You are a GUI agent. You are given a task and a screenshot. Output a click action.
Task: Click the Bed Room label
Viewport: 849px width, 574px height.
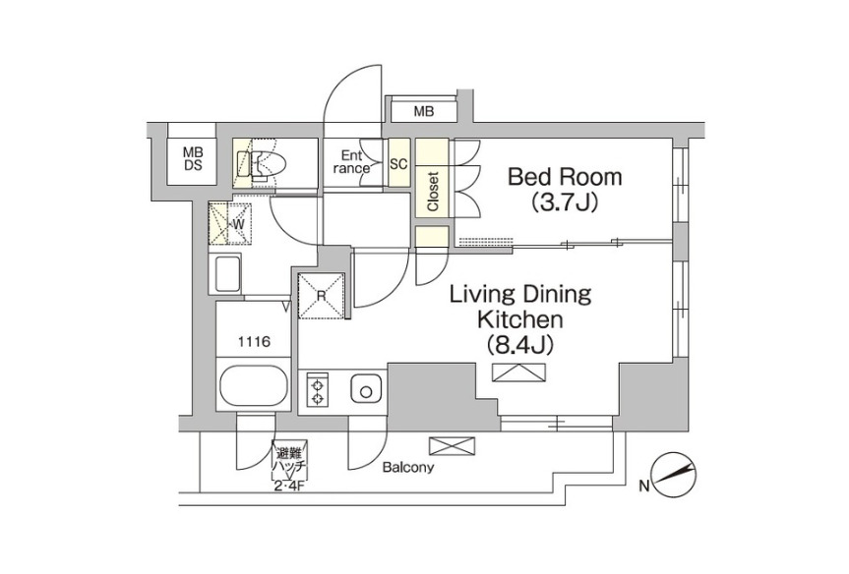coord(565,177)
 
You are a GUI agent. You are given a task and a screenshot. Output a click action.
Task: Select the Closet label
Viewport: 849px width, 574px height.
coord(433,192)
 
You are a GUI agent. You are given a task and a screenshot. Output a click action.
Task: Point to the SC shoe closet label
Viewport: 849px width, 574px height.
coord(398,164)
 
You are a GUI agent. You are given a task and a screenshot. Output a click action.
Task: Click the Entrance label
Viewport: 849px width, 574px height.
coord(351,162)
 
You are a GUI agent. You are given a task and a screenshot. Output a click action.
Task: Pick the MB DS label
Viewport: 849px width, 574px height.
coord(193,159)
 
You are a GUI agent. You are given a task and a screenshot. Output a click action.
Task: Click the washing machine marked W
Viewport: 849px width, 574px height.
coord(232,223)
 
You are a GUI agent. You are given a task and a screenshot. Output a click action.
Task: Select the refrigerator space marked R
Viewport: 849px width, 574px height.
coord(321,296)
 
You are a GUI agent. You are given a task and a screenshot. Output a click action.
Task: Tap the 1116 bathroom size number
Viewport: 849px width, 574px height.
coord(255,342)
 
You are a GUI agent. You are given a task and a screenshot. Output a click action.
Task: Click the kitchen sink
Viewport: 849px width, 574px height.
coord(366,390)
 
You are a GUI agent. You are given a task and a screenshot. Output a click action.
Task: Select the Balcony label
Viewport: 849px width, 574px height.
coord(407,468)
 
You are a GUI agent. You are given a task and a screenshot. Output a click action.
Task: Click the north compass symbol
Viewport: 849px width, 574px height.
coord(674,476)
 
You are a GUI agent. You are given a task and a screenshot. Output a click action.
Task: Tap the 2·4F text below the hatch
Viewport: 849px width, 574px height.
coord(289,486)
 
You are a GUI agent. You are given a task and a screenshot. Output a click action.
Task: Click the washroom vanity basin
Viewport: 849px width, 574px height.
coord(228,274)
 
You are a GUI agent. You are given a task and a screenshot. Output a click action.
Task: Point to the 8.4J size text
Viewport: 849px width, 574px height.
coord(519,345)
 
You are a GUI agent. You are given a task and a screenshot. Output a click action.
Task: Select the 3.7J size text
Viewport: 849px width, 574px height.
coord(564,202)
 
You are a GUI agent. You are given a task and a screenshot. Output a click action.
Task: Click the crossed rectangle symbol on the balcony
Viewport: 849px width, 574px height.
coord(453,446)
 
